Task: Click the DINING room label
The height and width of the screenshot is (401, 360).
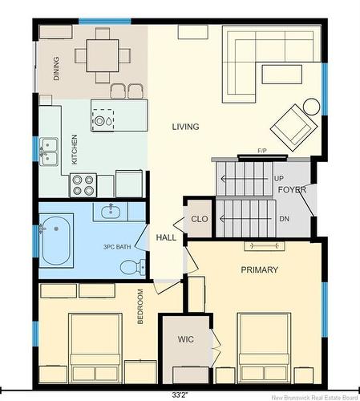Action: point(56,68)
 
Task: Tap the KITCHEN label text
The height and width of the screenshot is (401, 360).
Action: point(75,149)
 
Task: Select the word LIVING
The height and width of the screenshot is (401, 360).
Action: point(185,127)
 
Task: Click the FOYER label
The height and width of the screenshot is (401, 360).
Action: point(292,190)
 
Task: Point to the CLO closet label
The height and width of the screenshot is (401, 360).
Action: point(200,219)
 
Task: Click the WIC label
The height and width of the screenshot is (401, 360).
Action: point(186,339)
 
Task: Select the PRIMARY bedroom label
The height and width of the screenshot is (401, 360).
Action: point(260,269)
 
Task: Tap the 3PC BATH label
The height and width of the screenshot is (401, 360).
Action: point(117,247)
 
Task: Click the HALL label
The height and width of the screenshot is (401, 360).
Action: point(166,237)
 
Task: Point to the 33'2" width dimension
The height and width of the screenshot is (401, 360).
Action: point(180,395)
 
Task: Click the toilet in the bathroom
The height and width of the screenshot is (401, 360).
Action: point(133,267)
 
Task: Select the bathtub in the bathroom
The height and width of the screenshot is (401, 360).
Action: point(56,241)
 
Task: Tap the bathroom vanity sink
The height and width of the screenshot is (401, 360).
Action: point(111,211)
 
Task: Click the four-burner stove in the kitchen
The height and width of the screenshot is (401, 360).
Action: point(83,185)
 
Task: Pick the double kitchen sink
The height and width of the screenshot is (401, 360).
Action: point(49,152)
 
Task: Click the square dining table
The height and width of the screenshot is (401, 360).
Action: point(103,55)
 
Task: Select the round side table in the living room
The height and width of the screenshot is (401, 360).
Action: point(311,107)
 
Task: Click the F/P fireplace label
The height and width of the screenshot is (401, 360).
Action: point(262,151)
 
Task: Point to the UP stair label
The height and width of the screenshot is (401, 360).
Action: point(279,179)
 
